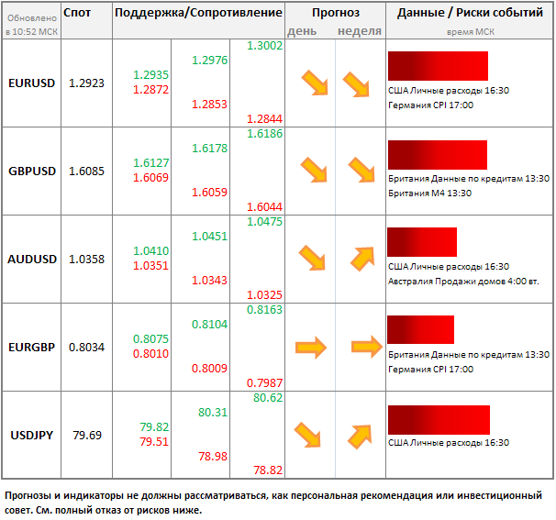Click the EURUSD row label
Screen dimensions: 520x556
coord(31,83)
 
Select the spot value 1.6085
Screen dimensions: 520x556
coord(86,171)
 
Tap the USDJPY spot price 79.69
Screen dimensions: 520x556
coord(86,435)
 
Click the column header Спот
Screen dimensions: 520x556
coord(78,13)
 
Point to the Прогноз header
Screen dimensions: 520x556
coord(335,13)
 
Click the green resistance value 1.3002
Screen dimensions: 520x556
coord(265,46)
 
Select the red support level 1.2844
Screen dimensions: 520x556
coord(265,120)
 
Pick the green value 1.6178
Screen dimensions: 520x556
coord(210,148)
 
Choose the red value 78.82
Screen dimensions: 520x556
coord(267,470)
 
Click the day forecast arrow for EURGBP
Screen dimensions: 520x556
coord(310,347)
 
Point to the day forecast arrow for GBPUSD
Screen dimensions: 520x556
coord(314,171)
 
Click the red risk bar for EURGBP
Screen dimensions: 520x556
coord(421,329)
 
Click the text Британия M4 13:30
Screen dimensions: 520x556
coord(434,193)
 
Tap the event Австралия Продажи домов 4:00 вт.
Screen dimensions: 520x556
coord(463,281)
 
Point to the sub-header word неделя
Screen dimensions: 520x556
coord(360,30)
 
